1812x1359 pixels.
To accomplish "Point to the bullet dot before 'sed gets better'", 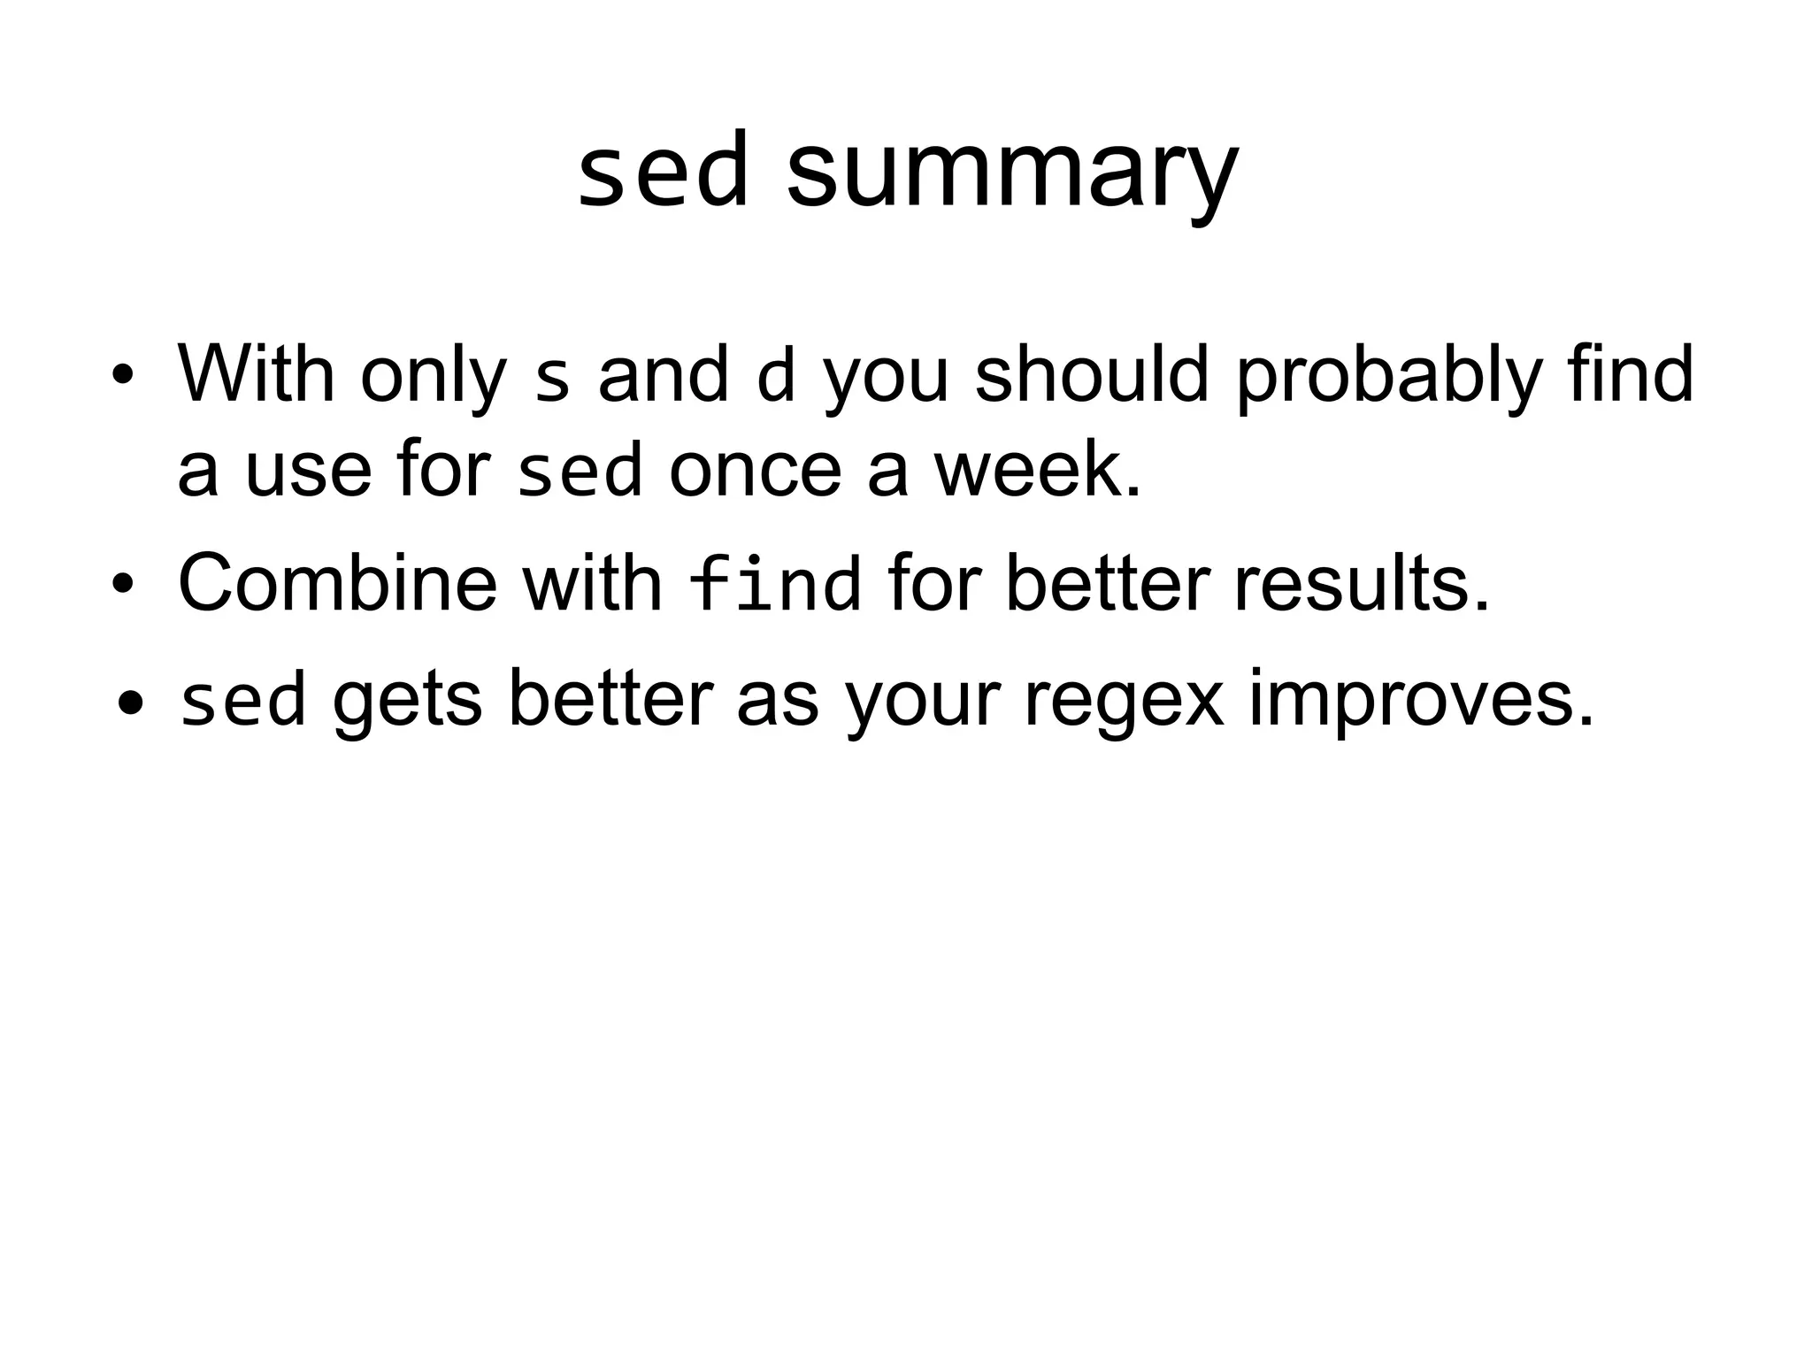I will point(131,703).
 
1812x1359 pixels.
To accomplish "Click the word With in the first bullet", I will point(256,372).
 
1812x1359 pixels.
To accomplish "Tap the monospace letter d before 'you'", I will point(776,375).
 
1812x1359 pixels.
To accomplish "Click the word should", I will point(1092,372).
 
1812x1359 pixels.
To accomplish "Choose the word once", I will point(755,470).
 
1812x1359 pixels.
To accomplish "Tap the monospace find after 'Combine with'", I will point(773,583).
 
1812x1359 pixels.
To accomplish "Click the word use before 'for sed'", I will point(308,470).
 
